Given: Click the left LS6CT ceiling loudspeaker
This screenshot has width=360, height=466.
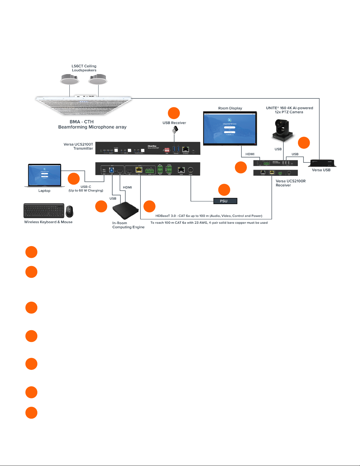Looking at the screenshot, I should coord(70,79).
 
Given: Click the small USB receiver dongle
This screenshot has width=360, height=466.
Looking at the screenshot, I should coord(175,130).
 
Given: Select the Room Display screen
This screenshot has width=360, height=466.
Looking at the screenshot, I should coord(230,128).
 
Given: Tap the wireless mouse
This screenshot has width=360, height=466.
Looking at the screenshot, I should coord(69,211).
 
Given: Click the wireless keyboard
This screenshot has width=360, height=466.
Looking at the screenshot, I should coord(44,211).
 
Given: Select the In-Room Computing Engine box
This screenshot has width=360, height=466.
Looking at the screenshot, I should coord(125,210).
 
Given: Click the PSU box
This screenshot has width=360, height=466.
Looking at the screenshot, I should coord(225,201).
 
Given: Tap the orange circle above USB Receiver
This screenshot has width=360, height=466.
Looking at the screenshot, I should coord(174,113).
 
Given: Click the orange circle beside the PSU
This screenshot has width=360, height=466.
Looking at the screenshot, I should coord(224,190).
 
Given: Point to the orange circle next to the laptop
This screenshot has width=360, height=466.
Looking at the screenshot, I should coord(73,179).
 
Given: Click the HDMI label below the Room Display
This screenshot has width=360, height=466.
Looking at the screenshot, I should coord(250,154).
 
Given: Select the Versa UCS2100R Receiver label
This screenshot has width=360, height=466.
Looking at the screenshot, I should coord(290,183).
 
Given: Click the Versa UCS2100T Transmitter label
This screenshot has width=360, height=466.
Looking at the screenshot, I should coord(78,146).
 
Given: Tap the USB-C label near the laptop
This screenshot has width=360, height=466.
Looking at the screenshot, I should coord(86,187).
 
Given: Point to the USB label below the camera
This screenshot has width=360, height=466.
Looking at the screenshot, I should coord(278,149).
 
